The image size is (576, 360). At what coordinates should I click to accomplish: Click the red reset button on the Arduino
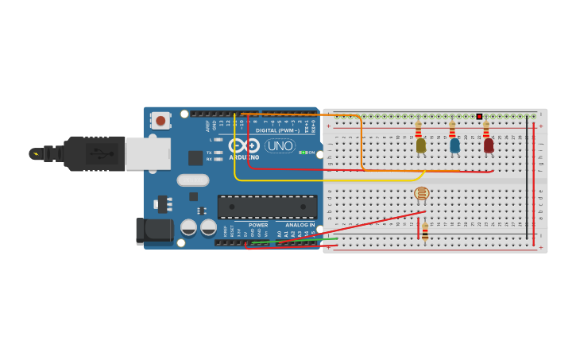(161, 121)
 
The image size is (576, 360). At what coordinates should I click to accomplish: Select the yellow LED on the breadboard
(420, 145)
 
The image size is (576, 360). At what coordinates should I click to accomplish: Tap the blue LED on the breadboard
(454, 145)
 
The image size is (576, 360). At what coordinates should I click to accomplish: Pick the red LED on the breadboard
(489, 145)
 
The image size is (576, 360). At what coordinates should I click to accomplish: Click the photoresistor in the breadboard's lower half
(422, 193)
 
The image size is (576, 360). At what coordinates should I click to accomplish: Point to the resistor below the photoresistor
(425, 230)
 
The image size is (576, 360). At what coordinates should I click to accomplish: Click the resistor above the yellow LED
(419, 128)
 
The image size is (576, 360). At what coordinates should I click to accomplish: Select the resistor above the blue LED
(453, 128)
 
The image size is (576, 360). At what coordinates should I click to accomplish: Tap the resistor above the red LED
(486, 128)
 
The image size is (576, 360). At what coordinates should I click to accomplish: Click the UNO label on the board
(280, 146)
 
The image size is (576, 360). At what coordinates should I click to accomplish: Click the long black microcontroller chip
(267, 207)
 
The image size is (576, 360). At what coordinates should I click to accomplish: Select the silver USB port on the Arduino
(148, 153)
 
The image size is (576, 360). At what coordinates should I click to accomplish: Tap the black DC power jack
(154, 230)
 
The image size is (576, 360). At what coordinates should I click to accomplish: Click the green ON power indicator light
(303, 153)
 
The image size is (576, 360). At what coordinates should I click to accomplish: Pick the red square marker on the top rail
(479, 117)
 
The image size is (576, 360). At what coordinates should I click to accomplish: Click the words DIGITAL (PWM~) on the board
(277, 130)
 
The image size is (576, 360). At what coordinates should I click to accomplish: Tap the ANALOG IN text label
(300, 225)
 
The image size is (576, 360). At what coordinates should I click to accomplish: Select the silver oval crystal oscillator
(192, 180)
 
